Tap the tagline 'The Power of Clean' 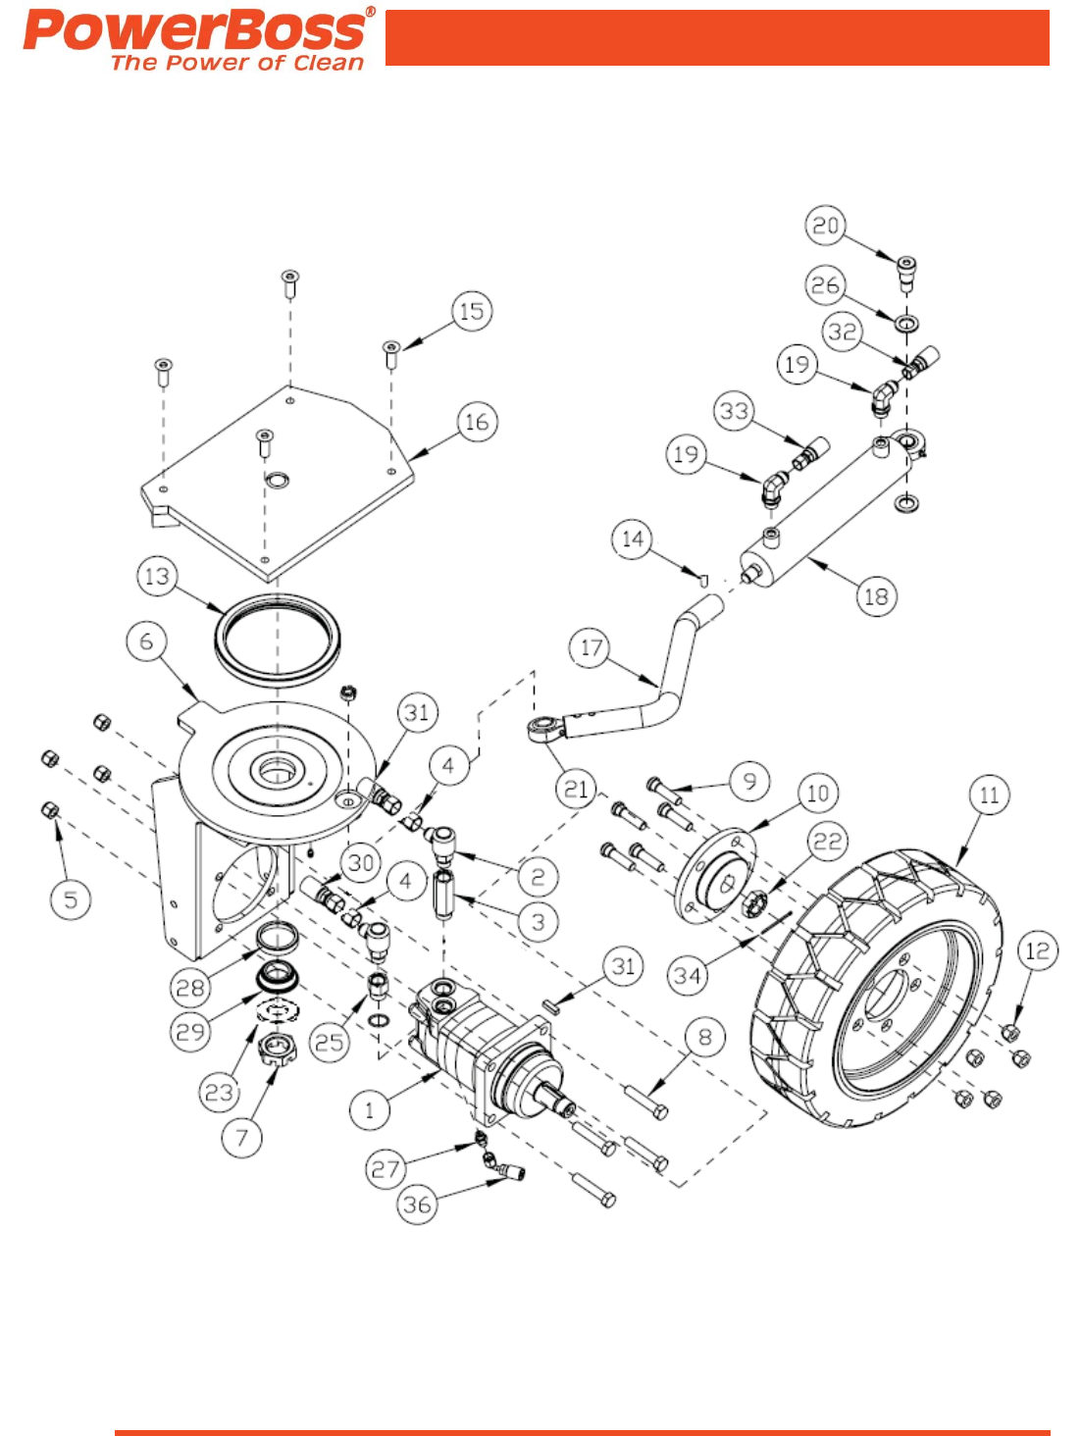pyautogui.click(x=237, y=64)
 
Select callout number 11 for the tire pyautogui.click(x=989, y=795)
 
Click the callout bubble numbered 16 pyautogui.click(x=477, y=422)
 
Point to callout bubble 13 pyautogui.click(x=157, y=576)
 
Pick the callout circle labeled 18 pyautogui.click(x=875, y=596)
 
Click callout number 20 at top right pyautogui.click(x=825, y=226)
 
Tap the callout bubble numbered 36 pyautogui.click(x=417, y=1205)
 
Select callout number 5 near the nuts pyautogui.click(x=71, y=899)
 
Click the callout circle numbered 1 pyautogui.click(x=370, y=1110)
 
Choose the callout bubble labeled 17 pyautogui.click(x=590, y=647)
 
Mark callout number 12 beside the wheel pyautogui.click(x=1037, y=950)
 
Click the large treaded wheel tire pyautogui.click(x=878, y=991)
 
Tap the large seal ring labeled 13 pyautogui.click(x=278, y=639)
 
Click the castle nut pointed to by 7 pyautogui.click(x=277, y=1051)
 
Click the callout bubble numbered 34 pyautogui.click(x=687, y=975)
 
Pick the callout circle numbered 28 pyautogui.click(x=190, y=987)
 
